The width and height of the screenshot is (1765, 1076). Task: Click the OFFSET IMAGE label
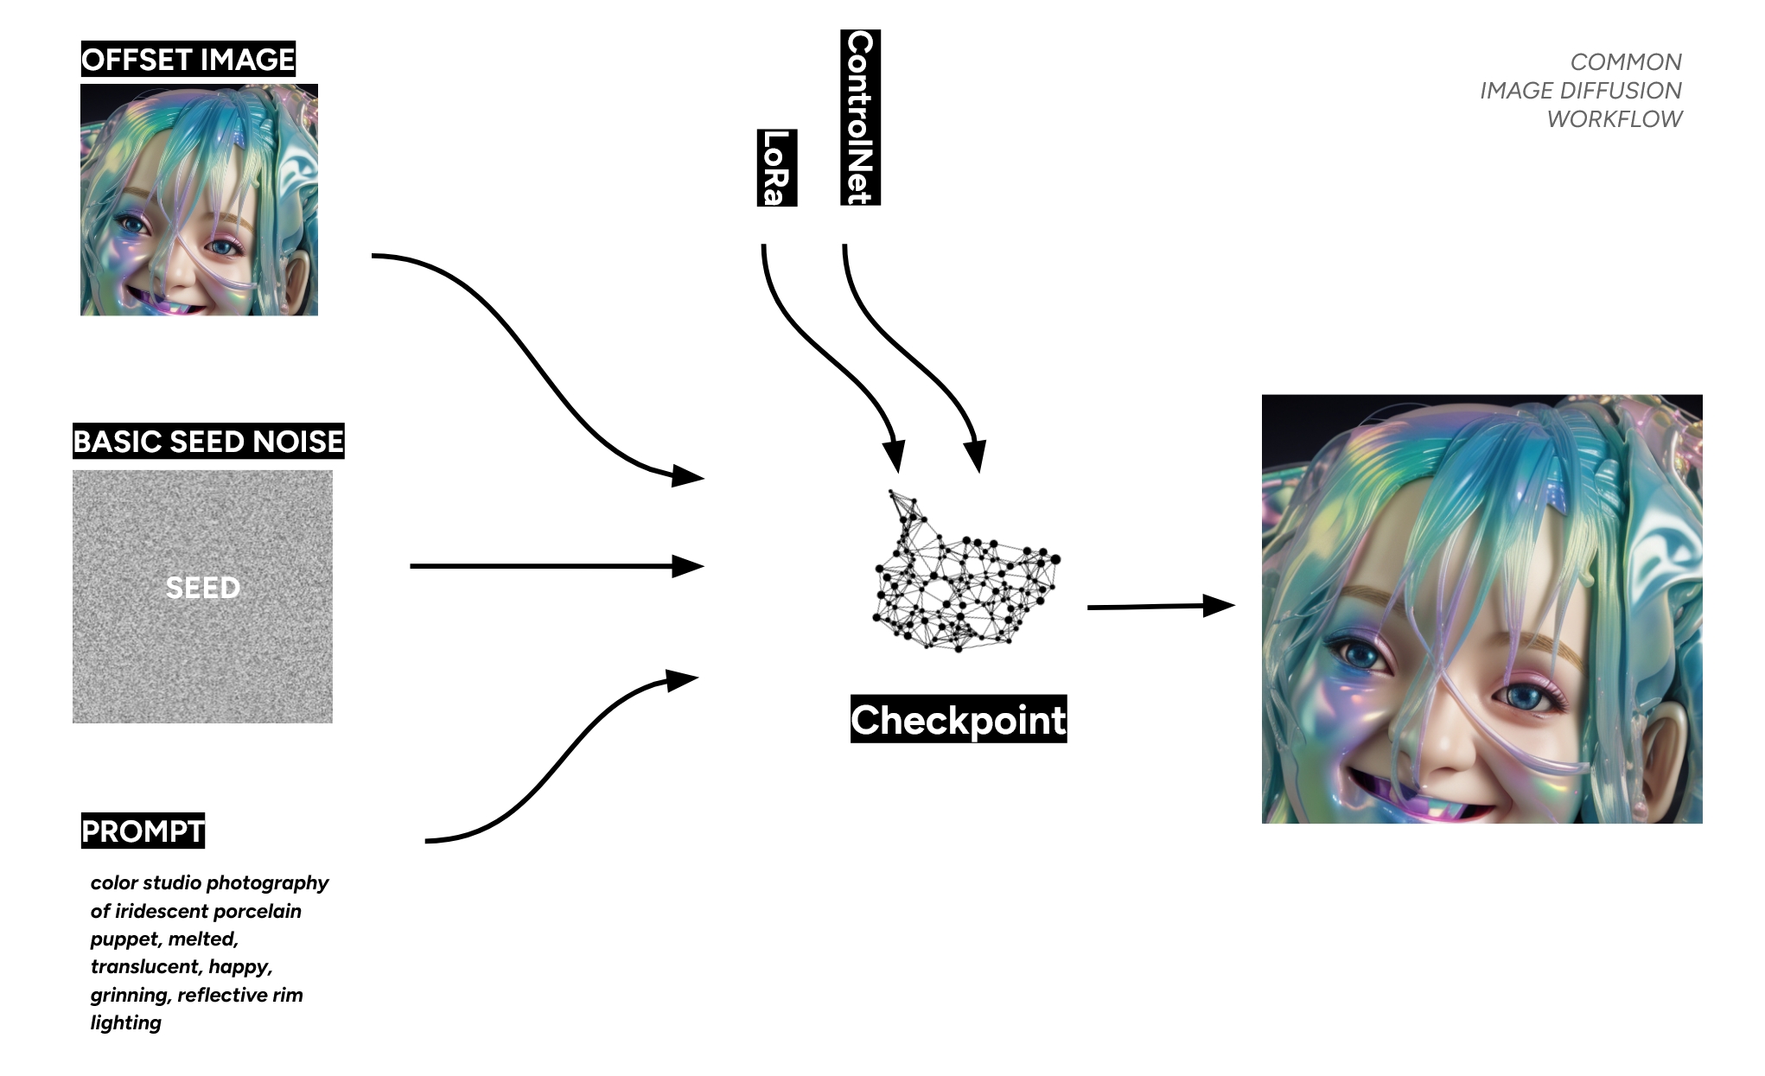click(x=188, y=60)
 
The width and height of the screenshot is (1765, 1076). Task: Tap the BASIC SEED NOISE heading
click(x=208, y=442)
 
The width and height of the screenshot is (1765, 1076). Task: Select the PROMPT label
click(x=143, y=831)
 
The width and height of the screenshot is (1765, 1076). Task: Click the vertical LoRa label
click(x=776, y=168)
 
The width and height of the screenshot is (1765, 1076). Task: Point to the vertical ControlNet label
click(x=860, y=118)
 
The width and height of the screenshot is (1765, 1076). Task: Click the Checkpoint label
click(x=958, y=720)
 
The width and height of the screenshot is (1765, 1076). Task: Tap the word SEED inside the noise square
click(x=202, y=588)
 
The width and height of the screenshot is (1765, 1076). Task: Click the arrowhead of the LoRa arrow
click(x=895, y=455)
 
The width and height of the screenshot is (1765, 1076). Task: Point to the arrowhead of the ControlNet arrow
click(x=976, y=455)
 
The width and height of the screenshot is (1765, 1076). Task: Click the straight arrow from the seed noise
click(x=553, y=566)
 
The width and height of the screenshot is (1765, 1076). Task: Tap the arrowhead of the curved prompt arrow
click(x=681, y=680)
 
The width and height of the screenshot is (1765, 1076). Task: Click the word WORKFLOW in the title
click(x=1614, y=119)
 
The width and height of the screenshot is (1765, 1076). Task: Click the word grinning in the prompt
click(x=129, y=995)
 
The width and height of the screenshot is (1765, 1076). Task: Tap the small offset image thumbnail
click(x=199, y=200)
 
